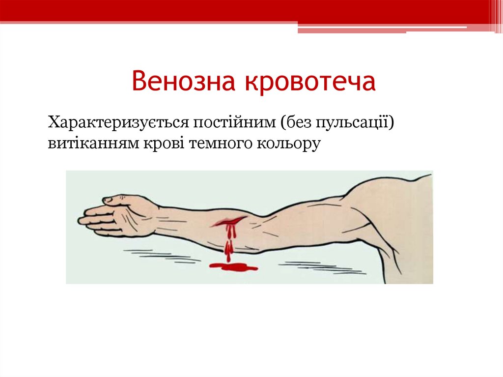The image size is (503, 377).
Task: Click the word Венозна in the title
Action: pyautogui.click(x=184, y=82)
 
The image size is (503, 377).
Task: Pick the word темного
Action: pyautogui.click(x=223, y=144)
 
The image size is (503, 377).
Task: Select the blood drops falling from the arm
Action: pyautogui.click(x=228, y=248)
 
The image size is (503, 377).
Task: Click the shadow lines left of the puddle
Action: pyautogui.click(x=162, y=256)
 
